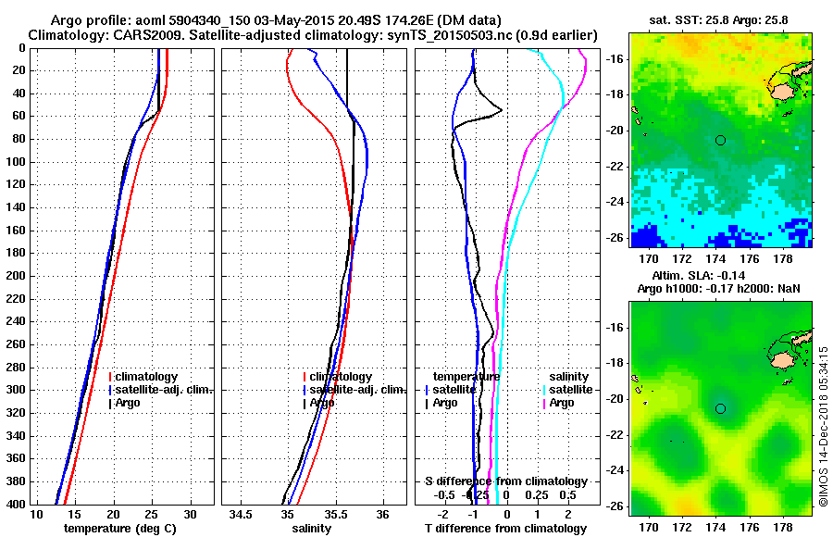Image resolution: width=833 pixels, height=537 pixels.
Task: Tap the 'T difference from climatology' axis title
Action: [505, 529]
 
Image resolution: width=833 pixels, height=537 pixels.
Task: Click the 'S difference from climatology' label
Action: [505, 481]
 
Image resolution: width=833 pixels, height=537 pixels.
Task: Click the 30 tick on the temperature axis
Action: [190, 514]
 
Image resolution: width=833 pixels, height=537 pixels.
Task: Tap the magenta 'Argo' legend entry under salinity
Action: [561, 403]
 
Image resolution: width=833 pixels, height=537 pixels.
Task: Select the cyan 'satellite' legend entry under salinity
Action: [571, 390]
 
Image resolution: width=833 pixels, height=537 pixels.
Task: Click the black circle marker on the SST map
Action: [720, 140]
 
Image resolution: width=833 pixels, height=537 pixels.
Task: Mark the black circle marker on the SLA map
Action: [720, 408]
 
